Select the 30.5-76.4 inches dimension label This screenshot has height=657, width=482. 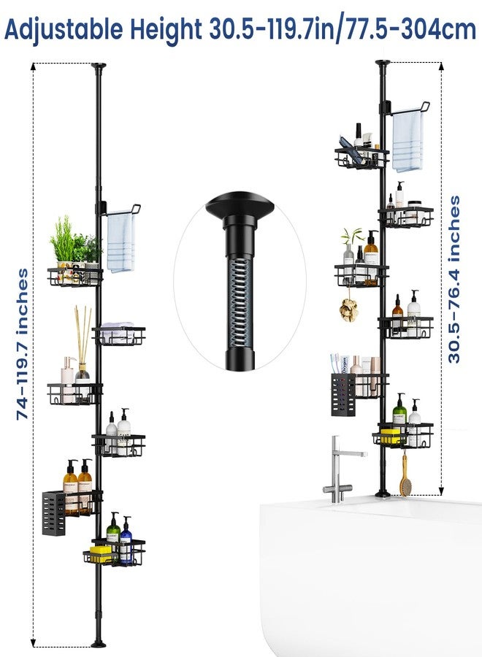pyautogui.click(x=454, y=279)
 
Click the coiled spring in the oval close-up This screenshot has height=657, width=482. pyautogui.click(x=240, y=301)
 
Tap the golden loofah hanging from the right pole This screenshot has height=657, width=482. pyautogui.click(x=348, y=310)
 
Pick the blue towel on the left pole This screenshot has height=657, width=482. pyautogui.click(x=121, y=243)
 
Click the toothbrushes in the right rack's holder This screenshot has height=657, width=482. pyautogui.click(x=335, y=363)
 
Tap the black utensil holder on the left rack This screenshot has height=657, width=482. pyautogui.click(x=53, y=513)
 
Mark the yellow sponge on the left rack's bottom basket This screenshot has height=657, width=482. pyautogui.click(x=101, y=553)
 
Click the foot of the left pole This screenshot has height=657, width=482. pyautogui.click(x=98, y=642)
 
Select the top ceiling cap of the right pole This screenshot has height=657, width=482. pyautogui.click(x=383, y=63)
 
